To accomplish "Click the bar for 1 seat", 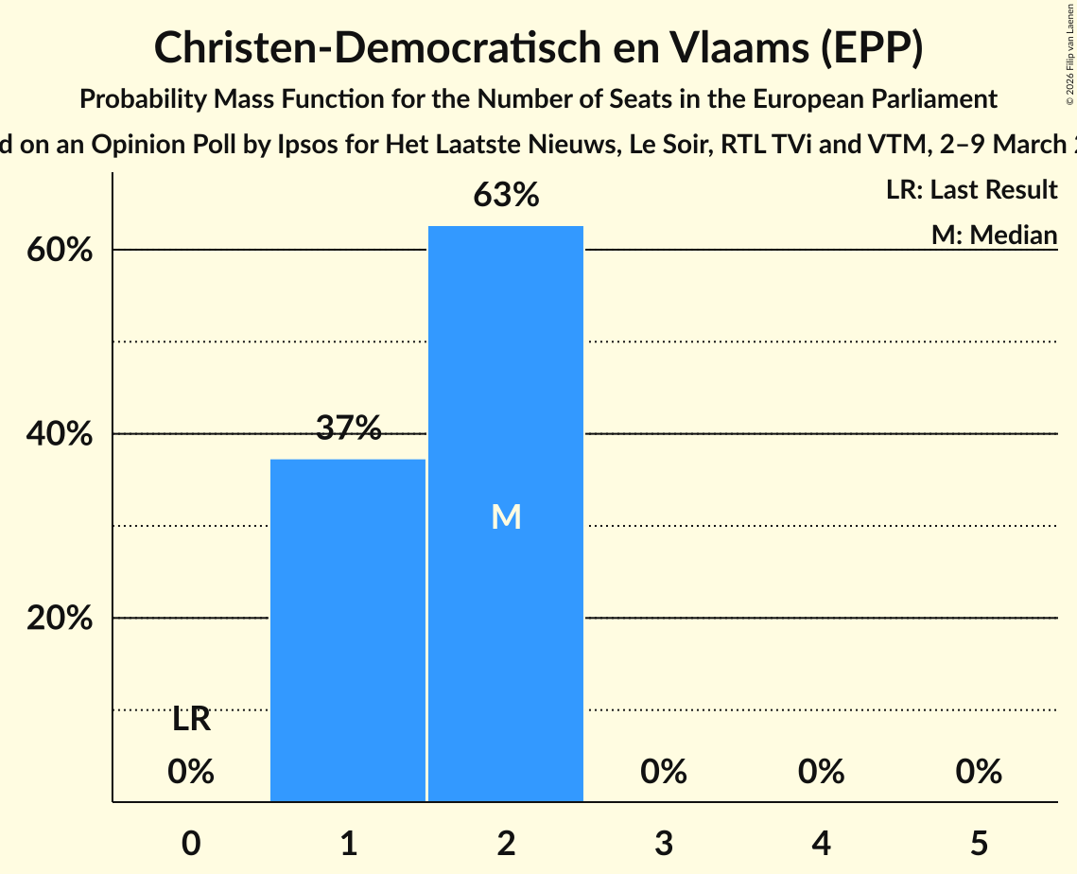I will tap(348, 630).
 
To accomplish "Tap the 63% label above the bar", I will tap(506, 195).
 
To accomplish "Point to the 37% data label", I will tap(348, 428).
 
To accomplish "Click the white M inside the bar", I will tap(506, 516).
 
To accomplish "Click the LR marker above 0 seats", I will tap(191, 720).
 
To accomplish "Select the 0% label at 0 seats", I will tap(191, 772).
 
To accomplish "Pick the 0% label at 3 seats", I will tap(663, 772).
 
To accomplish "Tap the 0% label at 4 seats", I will tap(821, 772).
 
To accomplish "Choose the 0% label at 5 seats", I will tap(978, 772).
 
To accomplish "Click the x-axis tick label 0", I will tap(191, 842).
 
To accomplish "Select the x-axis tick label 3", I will tap(663, 842).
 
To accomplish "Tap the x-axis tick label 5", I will tap(978, 842).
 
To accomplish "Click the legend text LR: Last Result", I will tap(971, 190).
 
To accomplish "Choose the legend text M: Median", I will tap(994, 234).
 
